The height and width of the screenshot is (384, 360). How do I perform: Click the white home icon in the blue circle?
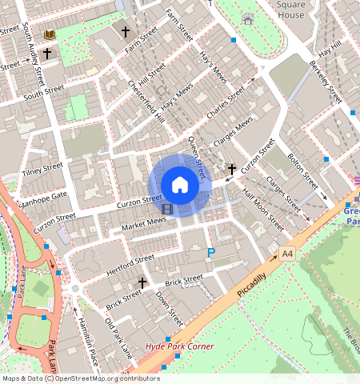[180, 185]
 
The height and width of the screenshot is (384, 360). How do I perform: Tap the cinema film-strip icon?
[166, 210]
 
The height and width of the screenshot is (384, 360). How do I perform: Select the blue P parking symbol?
[211, 254]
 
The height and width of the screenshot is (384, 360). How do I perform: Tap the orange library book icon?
[50, 35]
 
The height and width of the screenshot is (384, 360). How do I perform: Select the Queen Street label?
[197, 157]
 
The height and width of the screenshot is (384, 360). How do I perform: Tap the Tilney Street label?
[42, 169]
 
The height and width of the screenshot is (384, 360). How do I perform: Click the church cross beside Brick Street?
[142, 282]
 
